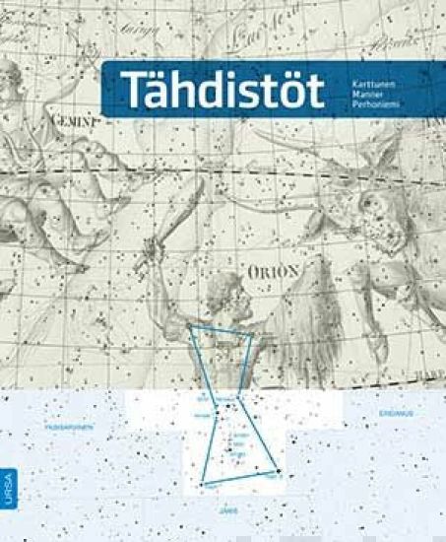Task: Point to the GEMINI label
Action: pyautogui.click(x=80, y=122)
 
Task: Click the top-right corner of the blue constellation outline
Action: pyautogui.click(x=252, y=336)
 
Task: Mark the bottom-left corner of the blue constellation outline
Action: pyautogui.click(x=204, y=484)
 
